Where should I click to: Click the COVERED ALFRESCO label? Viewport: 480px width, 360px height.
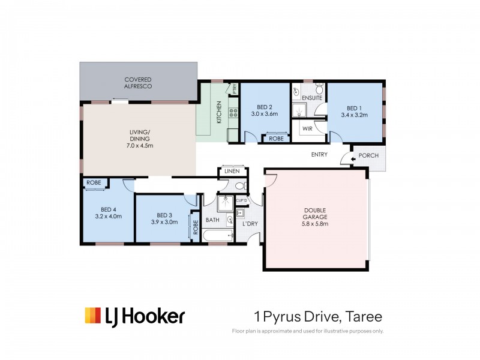pos(138,83)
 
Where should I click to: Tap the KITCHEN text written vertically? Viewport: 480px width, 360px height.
pos(219,112)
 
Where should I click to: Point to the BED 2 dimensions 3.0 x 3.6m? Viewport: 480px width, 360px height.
pos(265,114)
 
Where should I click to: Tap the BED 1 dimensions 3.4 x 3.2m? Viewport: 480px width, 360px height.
pos(354,114)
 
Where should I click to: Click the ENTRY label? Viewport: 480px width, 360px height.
pos(319,155)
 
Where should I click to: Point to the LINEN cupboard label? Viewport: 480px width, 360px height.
pos(232,172)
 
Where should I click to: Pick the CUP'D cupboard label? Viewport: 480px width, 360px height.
pos(242,200)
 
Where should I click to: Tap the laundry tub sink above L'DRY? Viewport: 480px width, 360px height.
pos(241,212)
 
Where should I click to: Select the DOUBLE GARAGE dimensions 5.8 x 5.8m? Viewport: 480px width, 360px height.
pos(316,224)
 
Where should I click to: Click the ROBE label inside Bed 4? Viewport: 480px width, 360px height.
pos(93,182)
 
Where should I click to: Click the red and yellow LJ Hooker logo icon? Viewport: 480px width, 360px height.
pos(93,316)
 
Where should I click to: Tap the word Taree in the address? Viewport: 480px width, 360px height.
pos(364,316)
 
